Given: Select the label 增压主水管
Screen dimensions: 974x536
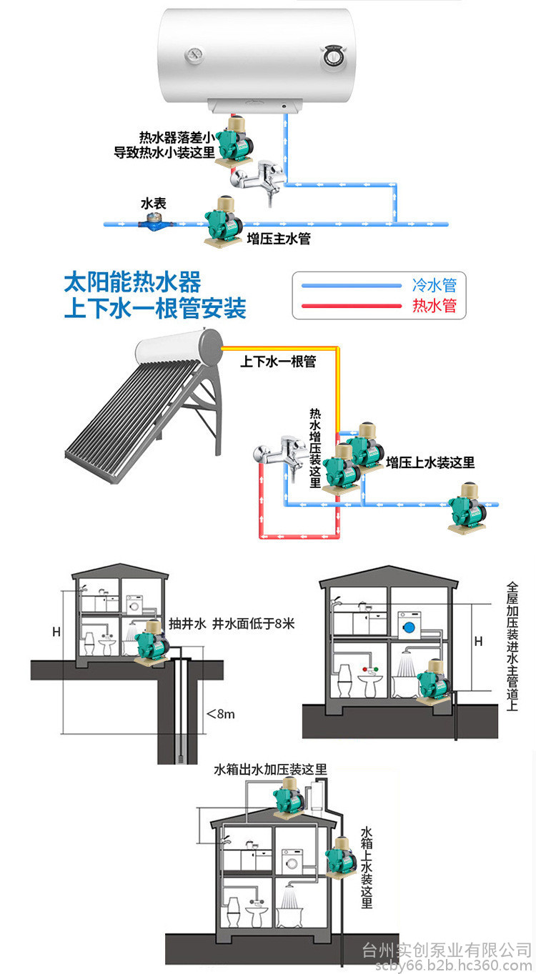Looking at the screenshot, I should click(x=278, y=239).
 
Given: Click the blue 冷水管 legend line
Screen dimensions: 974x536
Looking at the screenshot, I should click(x=351, y=285).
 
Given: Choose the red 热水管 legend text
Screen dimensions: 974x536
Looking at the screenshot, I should click(x=434, y=307).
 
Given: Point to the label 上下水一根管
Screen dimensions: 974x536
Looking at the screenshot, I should click(x=277, y=362).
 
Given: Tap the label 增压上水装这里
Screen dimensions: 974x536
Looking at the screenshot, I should click(x=430, y=462).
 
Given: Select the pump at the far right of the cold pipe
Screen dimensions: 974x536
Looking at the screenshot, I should click(x=467, y=508).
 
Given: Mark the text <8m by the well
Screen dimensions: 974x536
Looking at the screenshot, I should click(x=220, y=712).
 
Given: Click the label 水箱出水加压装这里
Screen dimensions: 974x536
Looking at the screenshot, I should click(x=270, y=770).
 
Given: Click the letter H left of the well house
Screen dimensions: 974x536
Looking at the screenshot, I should click(x=56, y=632).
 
